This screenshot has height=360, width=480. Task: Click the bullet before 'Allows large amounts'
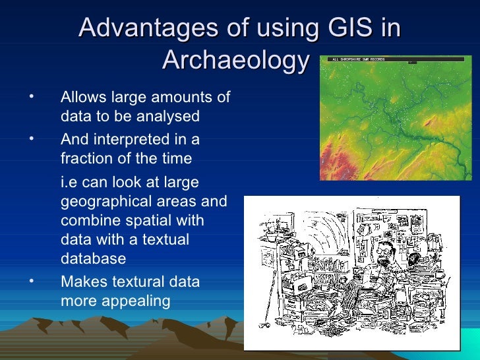pyautogui.click(x=30, y=98)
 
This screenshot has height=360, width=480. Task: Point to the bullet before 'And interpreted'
pyautogui.click(x=30, y=139)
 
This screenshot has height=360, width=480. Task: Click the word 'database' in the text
pyautogui.click(x=93, y=258)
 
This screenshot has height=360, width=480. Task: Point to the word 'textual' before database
pyautogui.click(x=165, y=239)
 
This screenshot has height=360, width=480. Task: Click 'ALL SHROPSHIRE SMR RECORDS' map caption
pyautogui.click(x=360, y=59)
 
